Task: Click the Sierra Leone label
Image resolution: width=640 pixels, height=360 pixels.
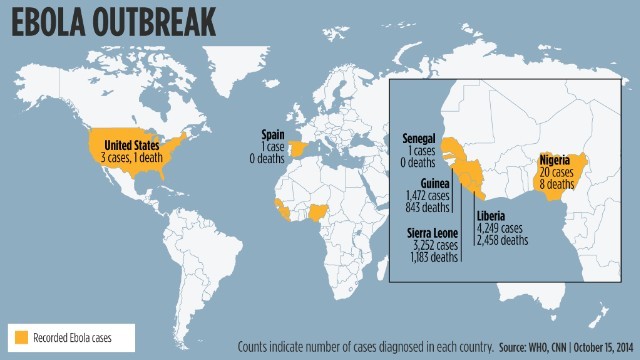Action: pos(433,233)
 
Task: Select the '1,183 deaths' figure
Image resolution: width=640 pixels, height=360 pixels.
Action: pos(434,257)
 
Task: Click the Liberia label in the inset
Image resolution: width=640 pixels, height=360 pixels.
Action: pos(490,216)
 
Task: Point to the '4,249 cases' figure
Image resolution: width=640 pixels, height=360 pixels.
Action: pos(496,228)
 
